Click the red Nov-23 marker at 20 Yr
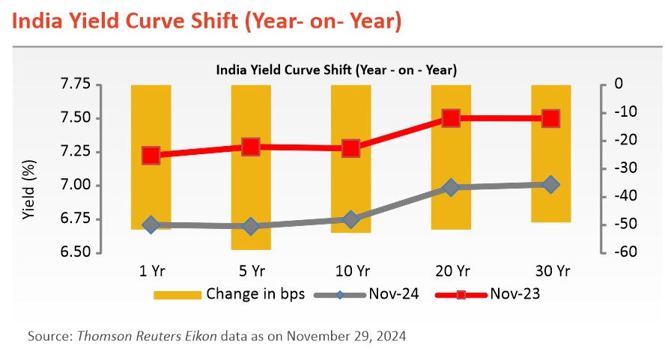coord(451,118)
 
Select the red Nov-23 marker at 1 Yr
coord(151,156)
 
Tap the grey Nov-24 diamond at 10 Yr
coord(350,219)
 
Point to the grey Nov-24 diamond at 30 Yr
coord(550,184)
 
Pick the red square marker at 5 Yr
coord(251,147)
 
